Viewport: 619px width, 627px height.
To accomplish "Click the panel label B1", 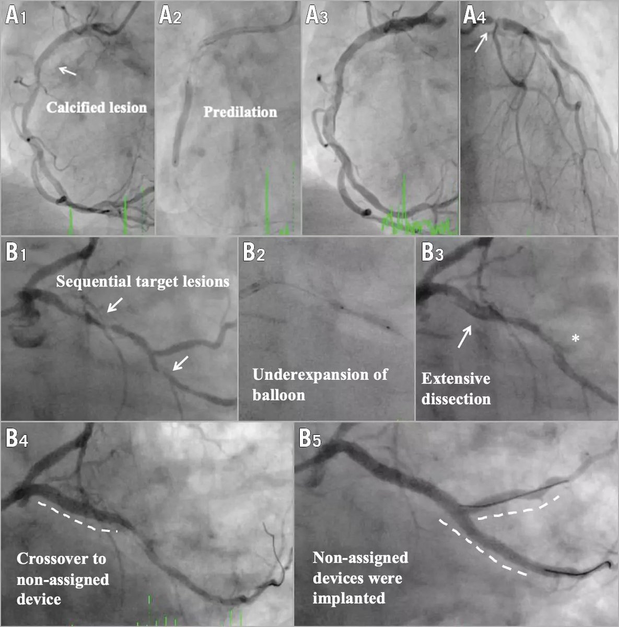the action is [16, 252].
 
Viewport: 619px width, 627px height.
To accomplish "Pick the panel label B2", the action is [254, 252].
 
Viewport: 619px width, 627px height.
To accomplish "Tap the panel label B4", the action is [17, 438].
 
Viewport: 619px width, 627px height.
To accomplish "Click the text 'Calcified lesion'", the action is [97, 108].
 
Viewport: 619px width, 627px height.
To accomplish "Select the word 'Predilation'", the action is [240, 112].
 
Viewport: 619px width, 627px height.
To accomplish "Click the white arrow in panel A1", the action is [67, 71].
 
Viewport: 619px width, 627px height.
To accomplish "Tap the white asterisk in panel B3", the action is [575, 339].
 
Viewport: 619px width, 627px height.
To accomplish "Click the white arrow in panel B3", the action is [464, 336].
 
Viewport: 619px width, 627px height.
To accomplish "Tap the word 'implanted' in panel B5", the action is [349, 598].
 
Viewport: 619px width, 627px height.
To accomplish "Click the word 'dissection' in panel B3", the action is [456, 399].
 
